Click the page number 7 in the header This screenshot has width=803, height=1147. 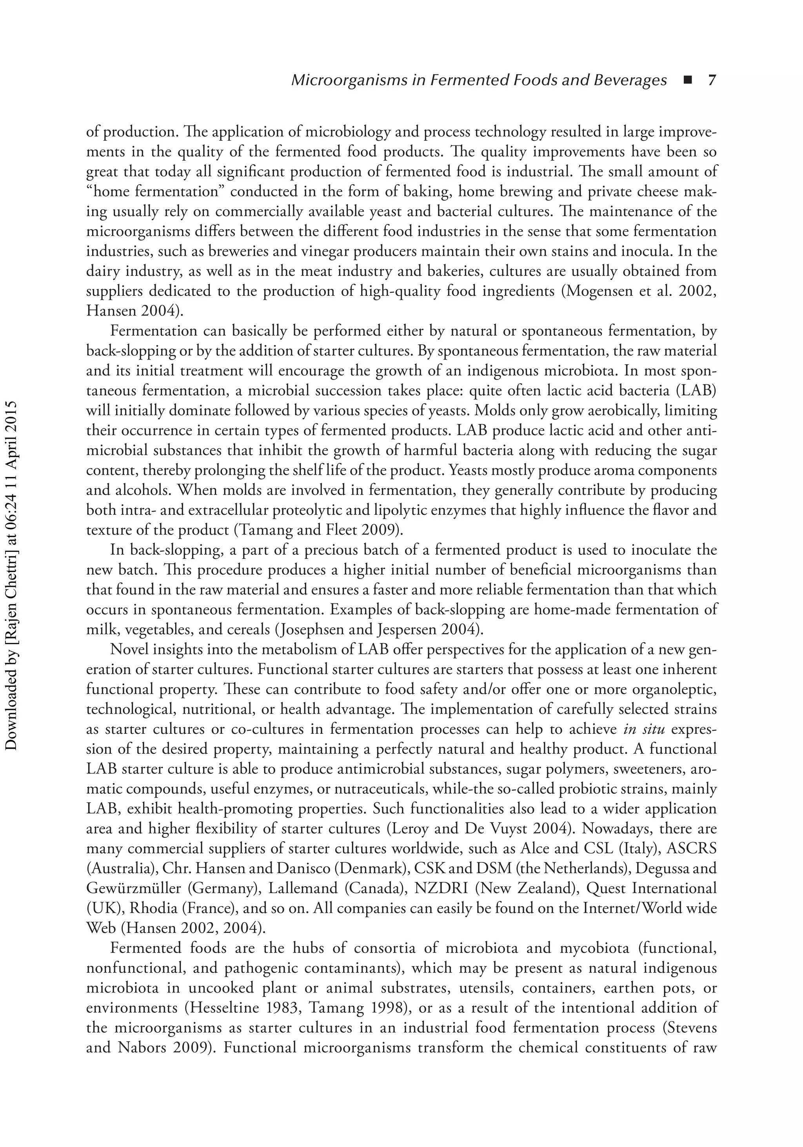[x=712, y=80]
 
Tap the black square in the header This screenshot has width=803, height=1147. [x=689, y=80]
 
